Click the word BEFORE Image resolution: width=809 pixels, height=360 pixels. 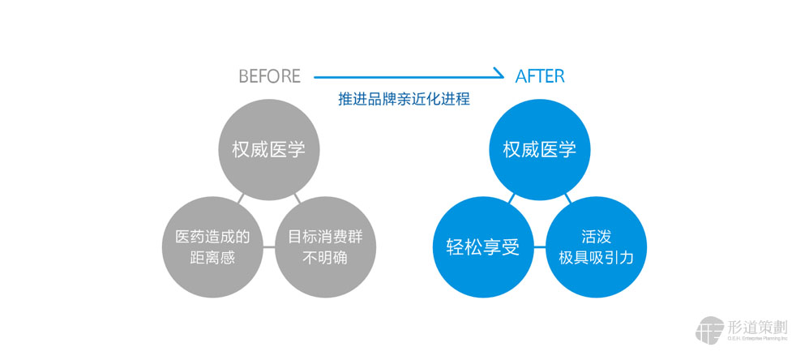269,76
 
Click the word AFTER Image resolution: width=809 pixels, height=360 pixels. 540,76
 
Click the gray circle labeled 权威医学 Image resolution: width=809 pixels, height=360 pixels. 269,149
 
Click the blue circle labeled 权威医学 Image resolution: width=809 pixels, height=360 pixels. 540,149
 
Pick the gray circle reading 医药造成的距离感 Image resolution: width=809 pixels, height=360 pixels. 212,247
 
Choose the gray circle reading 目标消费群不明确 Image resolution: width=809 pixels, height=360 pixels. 325,247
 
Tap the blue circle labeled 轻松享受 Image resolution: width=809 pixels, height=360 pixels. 482,247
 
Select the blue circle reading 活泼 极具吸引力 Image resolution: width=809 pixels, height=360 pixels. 596,247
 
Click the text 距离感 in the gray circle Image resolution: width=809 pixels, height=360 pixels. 212,258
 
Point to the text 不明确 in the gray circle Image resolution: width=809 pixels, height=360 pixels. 325,258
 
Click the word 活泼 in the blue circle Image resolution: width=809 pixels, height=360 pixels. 596,237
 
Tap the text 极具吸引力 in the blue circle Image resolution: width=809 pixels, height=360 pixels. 596,258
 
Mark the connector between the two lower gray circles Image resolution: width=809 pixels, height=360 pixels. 269,247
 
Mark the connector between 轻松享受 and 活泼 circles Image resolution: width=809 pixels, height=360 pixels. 540,247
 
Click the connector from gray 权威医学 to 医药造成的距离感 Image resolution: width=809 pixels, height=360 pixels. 241,199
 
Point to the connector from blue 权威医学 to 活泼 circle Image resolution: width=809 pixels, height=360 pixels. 568,199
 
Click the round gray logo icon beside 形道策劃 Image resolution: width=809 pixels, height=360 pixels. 709,330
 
